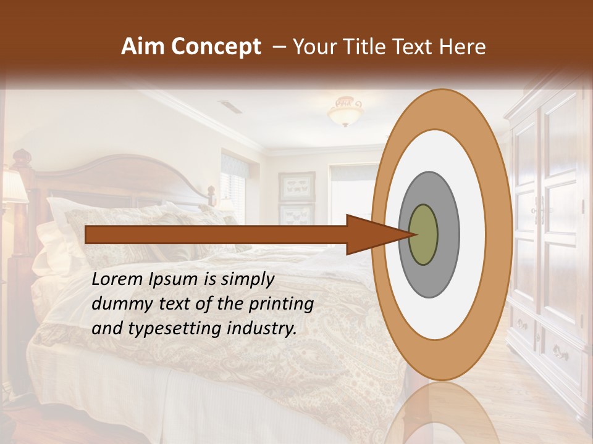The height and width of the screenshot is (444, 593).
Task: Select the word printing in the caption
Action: pyautogui.click(x=284, y=304)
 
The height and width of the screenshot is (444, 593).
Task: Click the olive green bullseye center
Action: pyautogui.click(x=423, y=235)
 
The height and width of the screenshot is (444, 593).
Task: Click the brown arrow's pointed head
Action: pyautogui.click(x=377, y=235)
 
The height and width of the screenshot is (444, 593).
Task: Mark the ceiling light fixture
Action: pyautogui.click(x=345, y=111)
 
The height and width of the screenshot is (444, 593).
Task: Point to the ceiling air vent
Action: pyautogui.click(x=231, y=107)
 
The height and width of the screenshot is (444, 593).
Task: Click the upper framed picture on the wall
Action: pyautogui.click(x=296, y=186)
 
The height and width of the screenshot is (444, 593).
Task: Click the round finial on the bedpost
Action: pyautogui.click(x=23, y=156)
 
